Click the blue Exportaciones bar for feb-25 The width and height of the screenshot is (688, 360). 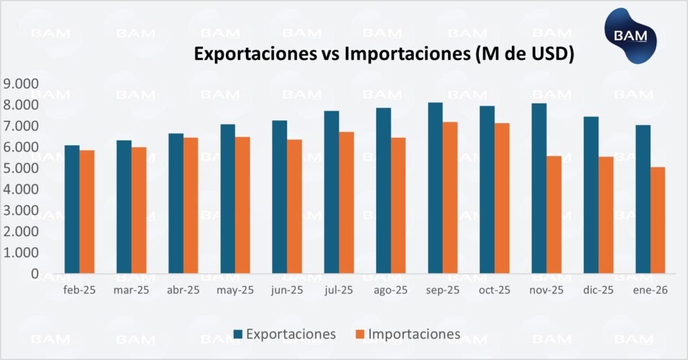click(x=72, y=209)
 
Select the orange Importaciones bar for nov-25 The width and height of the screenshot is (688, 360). click(x=554, y=214)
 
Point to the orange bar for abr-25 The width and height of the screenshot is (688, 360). click(x=191, y=206)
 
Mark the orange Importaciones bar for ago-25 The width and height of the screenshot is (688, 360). click(x=398, y=206)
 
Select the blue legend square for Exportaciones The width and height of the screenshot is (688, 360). click(x=238, y=334)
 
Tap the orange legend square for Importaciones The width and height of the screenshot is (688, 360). click(x=358, y=334)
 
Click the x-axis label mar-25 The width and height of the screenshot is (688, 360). click(x=132, y=290)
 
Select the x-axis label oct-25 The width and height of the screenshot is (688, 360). click(x=494, y=290)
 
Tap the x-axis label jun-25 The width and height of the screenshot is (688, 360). click(x=288, y=290)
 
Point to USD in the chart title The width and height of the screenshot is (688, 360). click(x=546, y=54)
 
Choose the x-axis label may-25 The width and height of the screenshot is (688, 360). click(x=235, y=290)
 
